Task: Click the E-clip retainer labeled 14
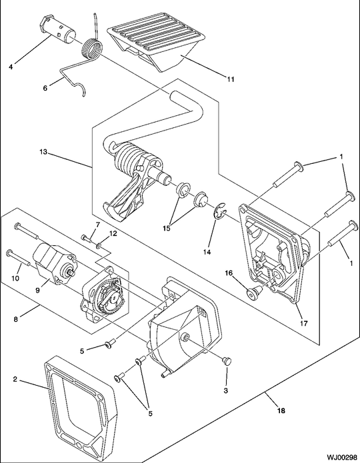pyautogui.click(x=218, y=213)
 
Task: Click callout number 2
pyautogui.click(x=15, y=380)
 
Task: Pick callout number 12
pyautogui.click(x=113, y=233)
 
